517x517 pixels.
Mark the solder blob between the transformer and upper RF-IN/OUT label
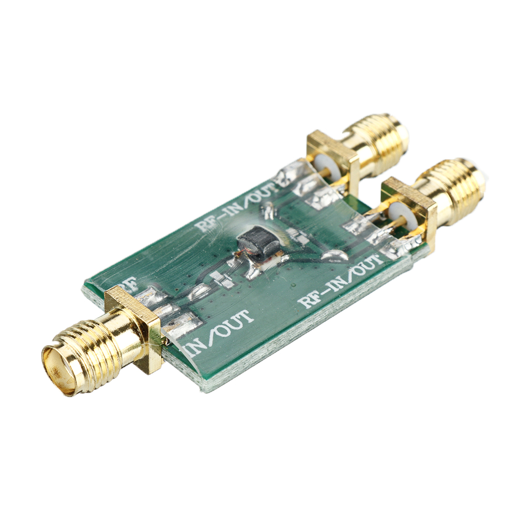[268, 209]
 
